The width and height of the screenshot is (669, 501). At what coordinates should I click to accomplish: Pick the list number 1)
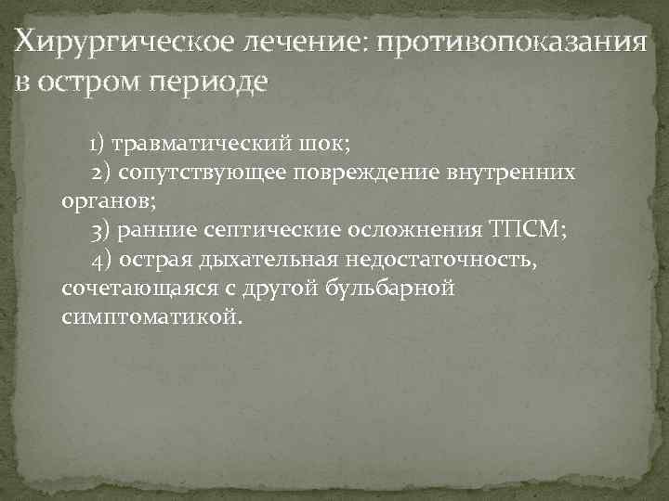point(99,145)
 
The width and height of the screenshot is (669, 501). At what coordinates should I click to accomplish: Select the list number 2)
point(102,173)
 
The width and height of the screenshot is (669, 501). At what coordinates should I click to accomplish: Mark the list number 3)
point(102,231)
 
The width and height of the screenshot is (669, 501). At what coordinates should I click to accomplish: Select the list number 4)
point(102,260)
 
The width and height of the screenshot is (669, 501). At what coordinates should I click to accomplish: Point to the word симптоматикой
point(151,317)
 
